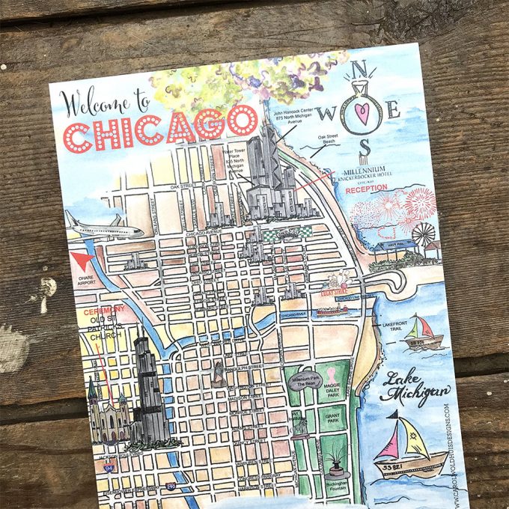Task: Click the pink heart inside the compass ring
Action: pos(364,113)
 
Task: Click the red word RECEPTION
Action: pos(367,188)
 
